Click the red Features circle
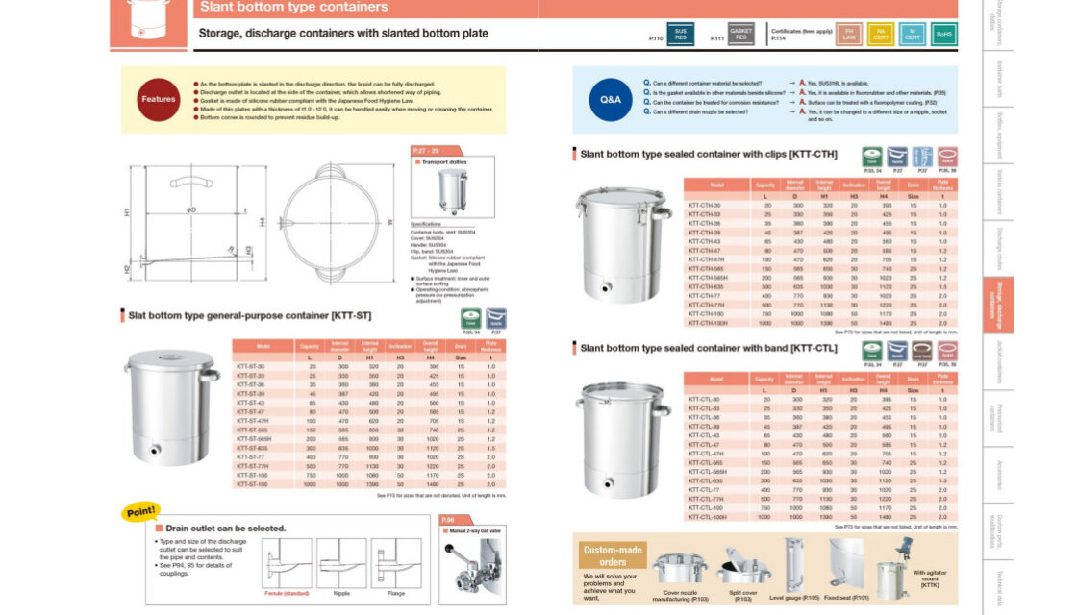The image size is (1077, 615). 159,99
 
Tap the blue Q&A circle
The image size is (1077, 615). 611,99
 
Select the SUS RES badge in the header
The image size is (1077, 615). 681,35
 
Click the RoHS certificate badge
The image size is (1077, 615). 943,35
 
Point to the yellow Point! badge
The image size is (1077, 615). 141,512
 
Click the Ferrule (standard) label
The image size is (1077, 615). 287,593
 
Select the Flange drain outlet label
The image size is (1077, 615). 395,593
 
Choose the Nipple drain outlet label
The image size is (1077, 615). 341,593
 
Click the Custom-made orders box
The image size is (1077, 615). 613,572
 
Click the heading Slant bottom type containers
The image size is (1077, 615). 293,8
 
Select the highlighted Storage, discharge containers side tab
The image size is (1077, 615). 997,305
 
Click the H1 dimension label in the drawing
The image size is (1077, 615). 128,211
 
